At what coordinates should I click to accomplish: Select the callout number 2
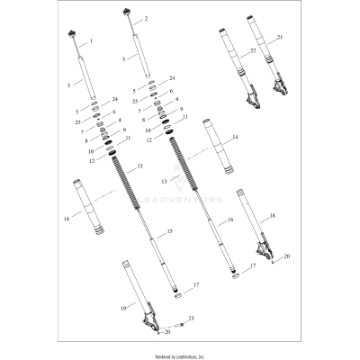pos(147,18)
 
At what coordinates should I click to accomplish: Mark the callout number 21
pos(279,37)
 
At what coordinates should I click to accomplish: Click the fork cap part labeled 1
pos(71,36)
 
